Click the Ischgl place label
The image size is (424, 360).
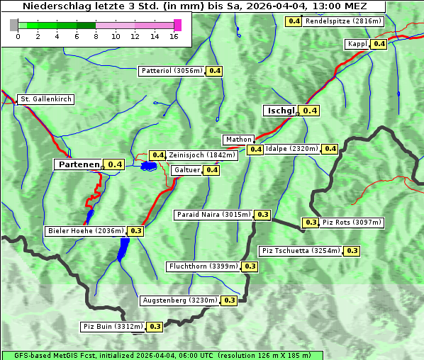(281, 111)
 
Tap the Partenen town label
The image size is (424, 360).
(79, 164)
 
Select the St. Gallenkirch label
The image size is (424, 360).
(46, 99)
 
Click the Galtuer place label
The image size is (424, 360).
(186, 170)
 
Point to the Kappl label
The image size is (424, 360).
(357, 44)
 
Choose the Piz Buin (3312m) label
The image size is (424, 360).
(113, 327)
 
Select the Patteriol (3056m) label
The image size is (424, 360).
(172, 71)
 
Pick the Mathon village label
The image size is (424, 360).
(238, 140)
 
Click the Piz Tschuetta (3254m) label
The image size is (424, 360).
(301, 251)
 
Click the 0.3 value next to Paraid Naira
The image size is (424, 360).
(263, 214)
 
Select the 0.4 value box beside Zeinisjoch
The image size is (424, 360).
(158, 155)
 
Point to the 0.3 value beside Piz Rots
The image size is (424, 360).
(311, 223)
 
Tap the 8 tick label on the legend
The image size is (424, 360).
(96, 35)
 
